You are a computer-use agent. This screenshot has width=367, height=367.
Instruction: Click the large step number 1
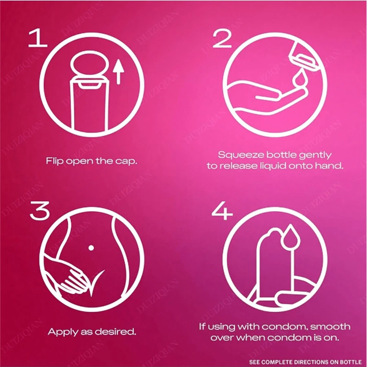[38, 38]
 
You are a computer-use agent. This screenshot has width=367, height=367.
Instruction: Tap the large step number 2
[222, 38]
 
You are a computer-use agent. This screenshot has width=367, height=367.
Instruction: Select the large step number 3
[40, 210]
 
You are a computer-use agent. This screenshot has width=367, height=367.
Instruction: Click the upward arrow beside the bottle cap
[118, 72]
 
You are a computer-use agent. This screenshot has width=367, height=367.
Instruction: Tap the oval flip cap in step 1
[90, 63]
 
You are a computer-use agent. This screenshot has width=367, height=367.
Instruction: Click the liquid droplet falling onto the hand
[299, 79]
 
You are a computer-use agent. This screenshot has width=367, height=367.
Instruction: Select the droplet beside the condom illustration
[290, 237]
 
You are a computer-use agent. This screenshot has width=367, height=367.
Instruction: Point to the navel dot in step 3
[91, 248]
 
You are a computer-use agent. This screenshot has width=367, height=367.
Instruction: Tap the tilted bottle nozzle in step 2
[304, 57]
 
